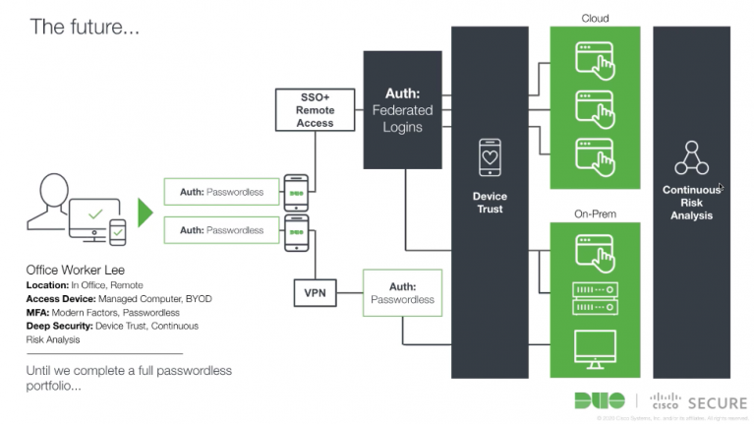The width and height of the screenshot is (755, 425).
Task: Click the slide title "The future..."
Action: click(85, 27)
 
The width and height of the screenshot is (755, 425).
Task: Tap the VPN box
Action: click(315, 292)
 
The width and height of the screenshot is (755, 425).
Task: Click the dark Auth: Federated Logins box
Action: click(402, 110)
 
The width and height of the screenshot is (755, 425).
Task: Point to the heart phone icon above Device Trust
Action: click(490, 157)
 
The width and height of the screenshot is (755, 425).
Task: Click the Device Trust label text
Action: click(490, 203)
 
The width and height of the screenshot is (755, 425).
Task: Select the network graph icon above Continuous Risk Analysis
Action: click(691, 158)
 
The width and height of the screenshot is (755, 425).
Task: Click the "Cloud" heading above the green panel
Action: click(595, 18)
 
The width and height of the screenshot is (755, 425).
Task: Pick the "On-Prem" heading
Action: click(595, 213)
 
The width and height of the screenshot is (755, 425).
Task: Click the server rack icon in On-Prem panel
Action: click(595, 298)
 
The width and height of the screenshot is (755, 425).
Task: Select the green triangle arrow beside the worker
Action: click(145, 212)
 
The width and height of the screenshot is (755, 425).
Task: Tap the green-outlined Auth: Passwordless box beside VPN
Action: click(402, 292)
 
